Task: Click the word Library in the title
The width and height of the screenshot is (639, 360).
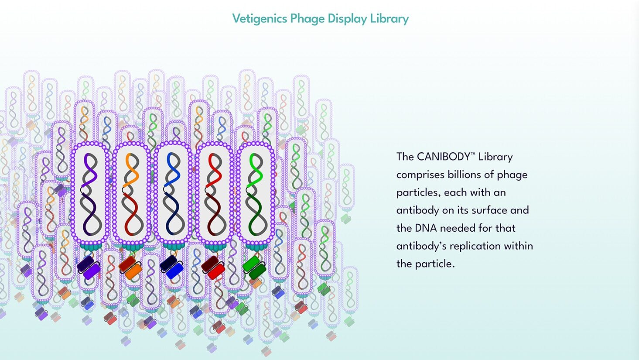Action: coord(390,19)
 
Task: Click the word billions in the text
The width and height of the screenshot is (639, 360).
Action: coord(463,175)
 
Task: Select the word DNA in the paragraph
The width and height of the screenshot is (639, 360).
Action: coord(426,228)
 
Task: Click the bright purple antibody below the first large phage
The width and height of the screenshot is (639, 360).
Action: coord(89,267)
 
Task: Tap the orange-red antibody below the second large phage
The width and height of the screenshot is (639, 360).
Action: coord(130,267)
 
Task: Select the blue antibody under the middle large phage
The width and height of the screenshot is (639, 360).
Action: coord(172,267)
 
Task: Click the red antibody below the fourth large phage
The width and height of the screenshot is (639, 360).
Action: coord(213,267)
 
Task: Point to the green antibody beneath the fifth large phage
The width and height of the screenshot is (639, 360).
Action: coord(254,267)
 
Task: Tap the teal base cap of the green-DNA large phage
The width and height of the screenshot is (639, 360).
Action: coord(256,246)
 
